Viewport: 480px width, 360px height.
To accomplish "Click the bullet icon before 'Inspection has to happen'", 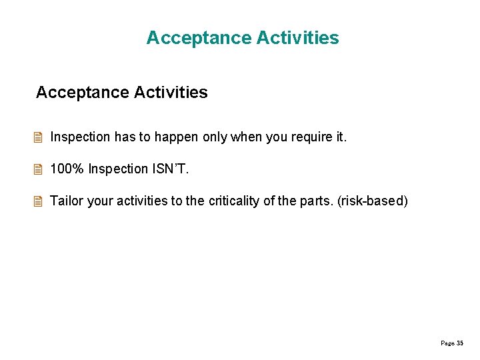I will point(39,137).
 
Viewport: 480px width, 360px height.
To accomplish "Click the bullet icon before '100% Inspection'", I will point(39,169).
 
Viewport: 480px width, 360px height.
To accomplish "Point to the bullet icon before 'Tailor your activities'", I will point(39,201).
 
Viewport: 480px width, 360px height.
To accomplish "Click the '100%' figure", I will point(67,169).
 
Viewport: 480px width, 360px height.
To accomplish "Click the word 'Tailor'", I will point(67,201).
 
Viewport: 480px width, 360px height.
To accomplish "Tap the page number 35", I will point(459,343).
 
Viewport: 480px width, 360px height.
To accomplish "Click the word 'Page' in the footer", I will point(447,343).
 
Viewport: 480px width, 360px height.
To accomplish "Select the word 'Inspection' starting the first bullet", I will point(80,137).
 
